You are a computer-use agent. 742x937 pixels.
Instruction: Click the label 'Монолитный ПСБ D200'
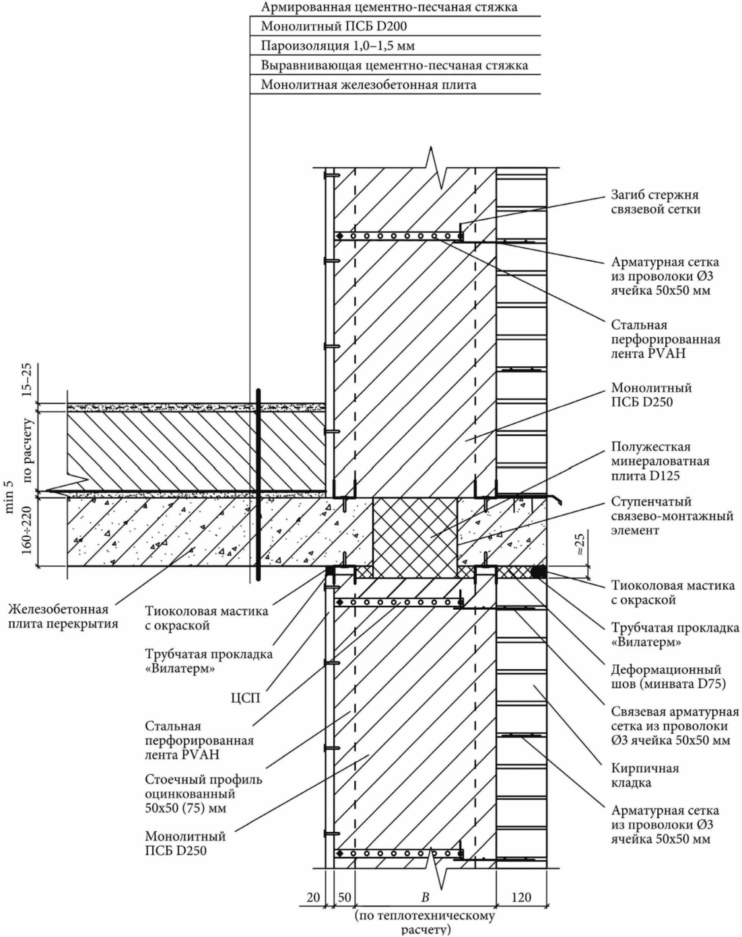pyautogui.click(x=334, y=26)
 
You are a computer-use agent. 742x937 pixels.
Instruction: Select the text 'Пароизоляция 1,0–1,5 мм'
pyautogui.click(x=337, y=46)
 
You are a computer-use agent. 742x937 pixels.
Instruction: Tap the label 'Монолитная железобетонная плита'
pyautogui.click(x=368, y=84)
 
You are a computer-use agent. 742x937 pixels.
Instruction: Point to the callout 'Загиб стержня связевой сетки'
pyautogui.click(x=656, y=202)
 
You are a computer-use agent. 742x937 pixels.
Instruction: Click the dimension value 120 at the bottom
pyautogui.click(x=521, y=898)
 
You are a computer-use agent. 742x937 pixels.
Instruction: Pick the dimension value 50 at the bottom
pyautogui.click(x=344, y=898)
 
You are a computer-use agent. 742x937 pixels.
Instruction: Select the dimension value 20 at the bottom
pyautogui.click(x=313, y=898)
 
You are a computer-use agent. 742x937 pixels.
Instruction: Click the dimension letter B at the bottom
pyautogui.click(x=426, y=898)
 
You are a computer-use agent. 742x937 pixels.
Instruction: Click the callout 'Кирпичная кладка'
pyautogui.click(x=645, y=775)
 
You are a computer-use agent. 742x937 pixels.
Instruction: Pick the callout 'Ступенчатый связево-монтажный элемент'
pyautogui.click(x=672, y=516)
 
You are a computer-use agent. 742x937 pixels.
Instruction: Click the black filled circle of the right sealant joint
pyautogui.click(x=539, y=572)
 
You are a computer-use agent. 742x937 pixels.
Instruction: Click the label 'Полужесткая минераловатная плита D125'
pyautogui.click(x=660, y=461)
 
